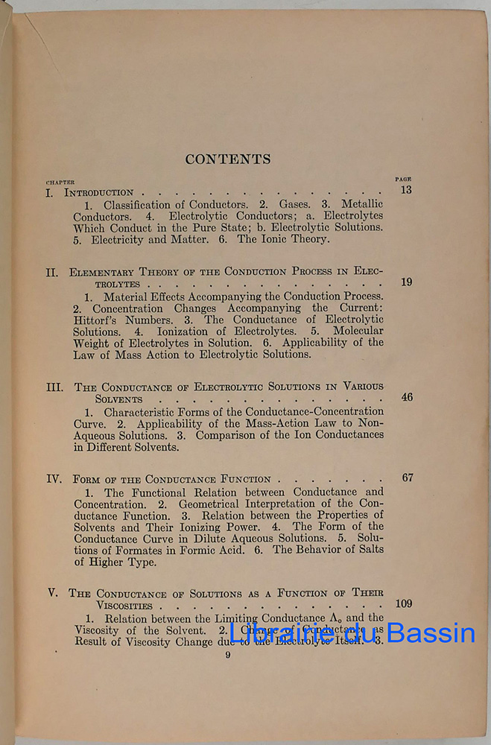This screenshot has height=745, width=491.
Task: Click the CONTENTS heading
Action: [x=228, y=159]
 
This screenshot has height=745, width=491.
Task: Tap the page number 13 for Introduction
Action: [x=405, y=190]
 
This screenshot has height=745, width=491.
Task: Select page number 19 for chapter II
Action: [x=405, y=282]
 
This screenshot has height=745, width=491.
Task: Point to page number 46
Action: [x=407, y=397]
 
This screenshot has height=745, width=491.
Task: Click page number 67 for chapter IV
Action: [x=407, y=478]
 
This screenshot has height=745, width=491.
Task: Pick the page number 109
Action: [x=403, y=604]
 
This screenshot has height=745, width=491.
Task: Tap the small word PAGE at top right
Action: [x=403, y=180]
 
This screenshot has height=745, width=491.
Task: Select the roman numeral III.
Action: [x=55, y=387]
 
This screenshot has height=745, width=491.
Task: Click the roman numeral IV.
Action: [x=54, y=479]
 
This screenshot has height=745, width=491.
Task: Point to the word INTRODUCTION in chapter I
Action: [x=99, y=193]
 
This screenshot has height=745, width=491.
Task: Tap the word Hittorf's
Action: [x=100, y=320]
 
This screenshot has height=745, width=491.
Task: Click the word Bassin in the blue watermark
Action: [x=431, y=633]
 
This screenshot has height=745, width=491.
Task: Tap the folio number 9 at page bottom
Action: [x=228, y=656]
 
